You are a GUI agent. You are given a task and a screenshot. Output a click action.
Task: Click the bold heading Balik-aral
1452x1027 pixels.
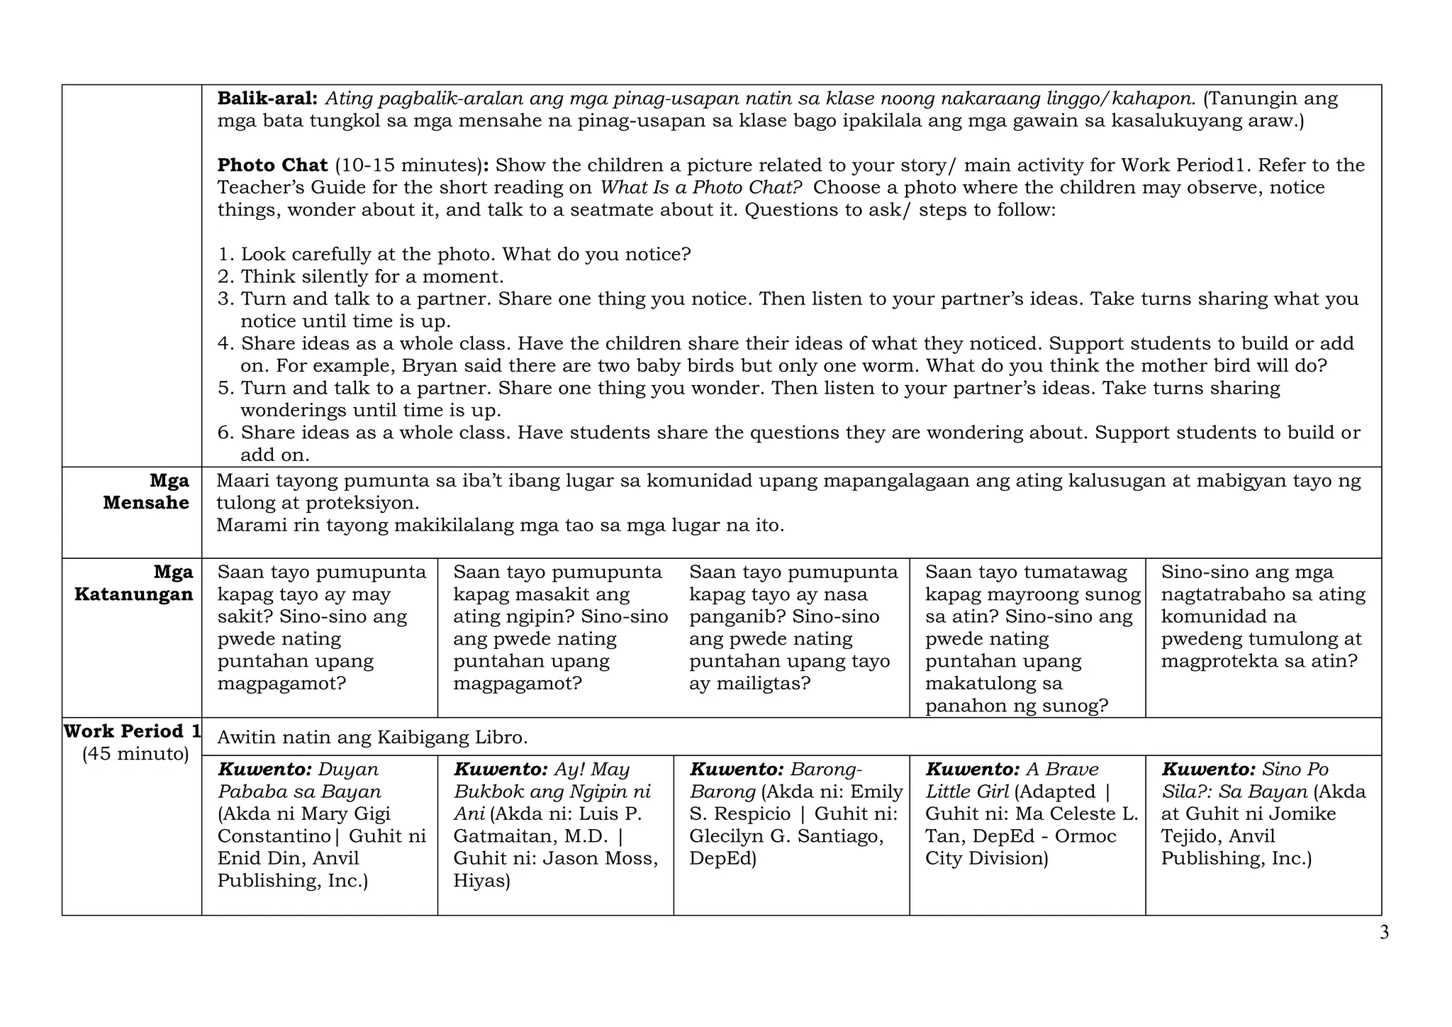click(267, 99)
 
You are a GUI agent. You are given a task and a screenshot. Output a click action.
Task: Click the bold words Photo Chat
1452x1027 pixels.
click(272, 165)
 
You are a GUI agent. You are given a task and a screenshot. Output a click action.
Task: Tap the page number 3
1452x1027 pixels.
click(1384, 933)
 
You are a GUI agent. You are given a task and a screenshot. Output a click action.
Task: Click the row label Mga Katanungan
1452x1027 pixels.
click(134, 583)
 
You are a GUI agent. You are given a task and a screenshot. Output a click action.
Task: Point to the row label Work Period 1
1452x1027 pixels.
click(133, 731)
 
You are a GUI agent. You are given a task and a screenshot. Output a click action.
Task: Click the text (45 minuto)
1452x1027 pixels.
click(135, 754)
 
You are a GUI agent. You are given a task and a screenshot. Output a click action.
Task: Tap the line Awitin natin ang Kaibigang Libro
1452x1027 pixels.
click(372, 738)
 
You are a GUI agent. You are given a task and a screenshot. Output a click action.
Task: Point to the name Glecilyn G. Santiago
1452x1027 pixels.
click(786, 837)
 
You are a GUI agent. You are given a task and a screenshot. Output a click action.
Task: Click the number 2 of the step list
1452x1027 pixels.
click(225, 277)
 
